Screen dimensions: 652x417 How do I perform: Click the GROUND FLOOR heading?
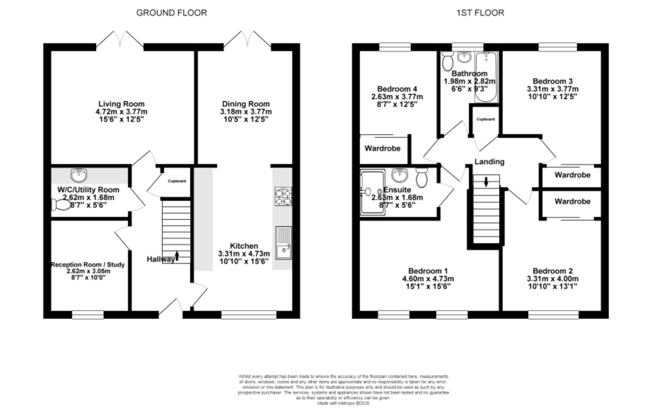(171, 13)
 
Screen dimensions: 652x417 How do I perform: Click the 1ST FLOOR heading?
(480, 13)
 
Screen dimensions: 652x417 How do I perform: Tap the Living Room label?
(121, 104)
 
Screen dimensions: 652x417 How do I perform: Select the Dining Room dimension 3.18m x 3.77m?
(245, 112)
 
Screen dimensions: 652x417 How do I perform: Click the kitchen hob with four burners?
(283, 197)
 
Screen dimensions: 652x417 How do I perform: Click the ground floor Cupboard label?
(177, 181)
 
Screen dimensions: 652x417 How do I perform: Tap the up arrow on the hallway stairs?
(177, 255)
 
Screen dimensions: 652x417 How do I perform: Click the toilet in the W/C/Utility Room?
(61, 205)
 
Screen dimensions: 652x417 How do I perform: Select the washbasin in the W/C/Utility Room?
(78, 174)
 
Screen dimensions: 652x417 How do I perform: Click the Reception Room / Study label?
(88, 265)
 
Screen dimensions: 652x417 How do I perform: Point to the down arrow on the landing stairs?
(486, 182)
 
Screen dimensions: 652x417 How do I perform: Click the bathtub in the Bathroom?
(486, 77)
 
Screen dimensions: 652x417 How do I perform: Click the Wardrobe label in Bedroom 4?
(382, 148)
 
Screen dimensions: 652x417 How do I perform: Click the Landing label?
(489, 162)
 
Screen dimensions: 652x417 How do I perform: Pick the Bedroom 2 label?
(553, 271)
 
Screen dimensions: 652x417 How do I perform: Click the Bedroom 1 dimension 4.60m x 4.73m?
(428, 279)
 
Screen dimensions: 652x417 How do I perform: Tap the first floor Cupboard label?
(486, 119)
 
